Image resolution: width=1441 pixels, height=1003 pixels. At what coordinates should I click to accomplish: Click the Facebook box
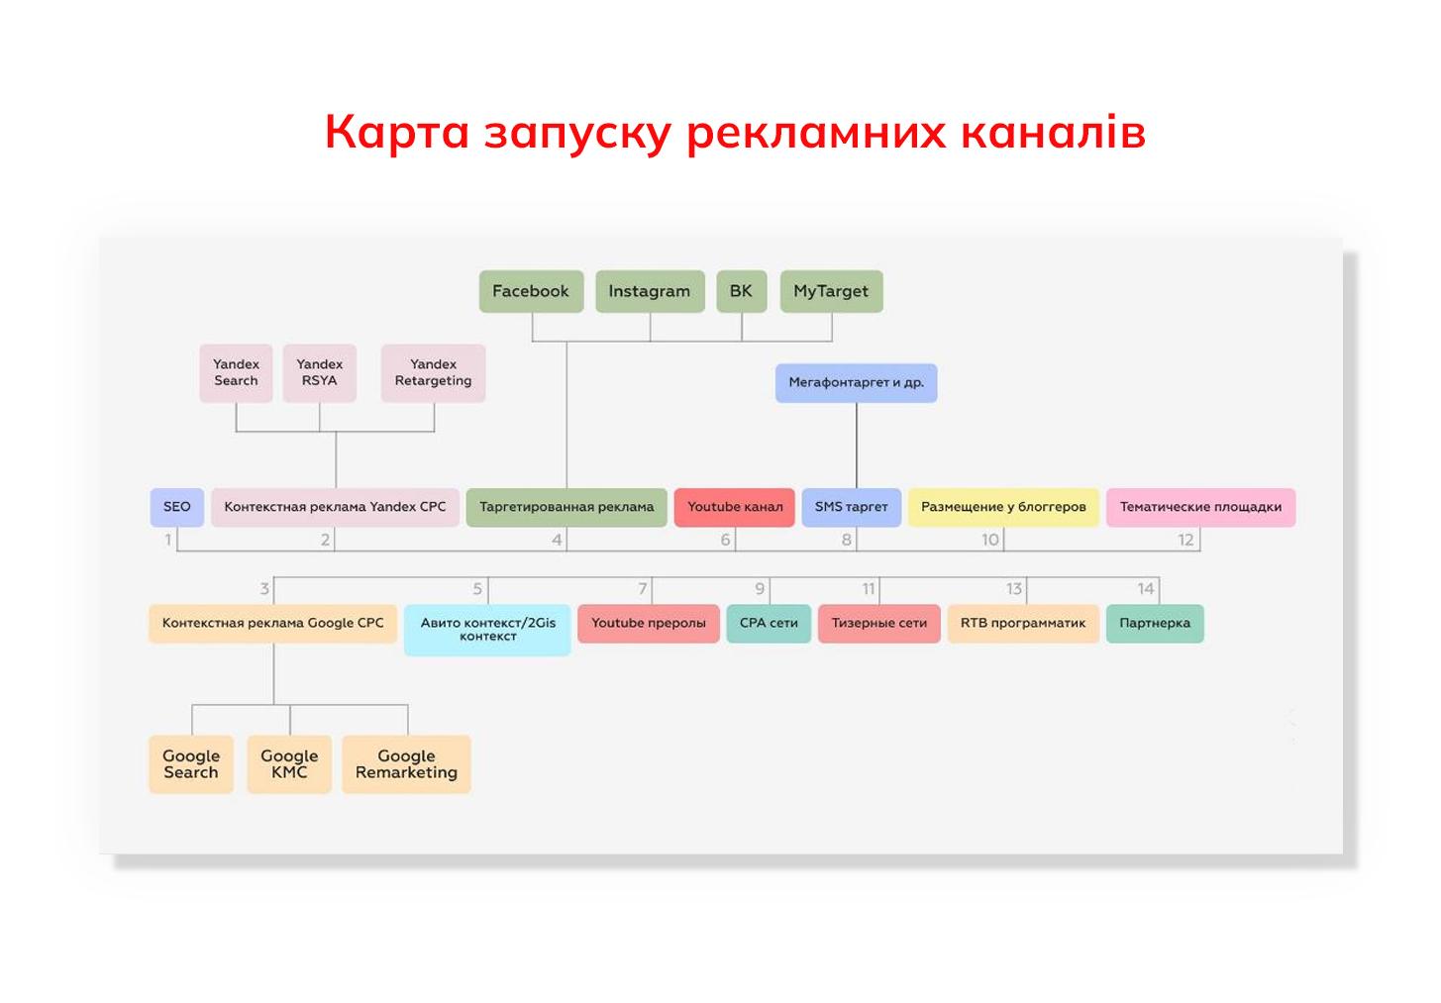532,291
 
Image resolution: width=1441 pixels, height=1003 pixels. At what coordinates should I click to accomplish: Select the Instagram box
650,291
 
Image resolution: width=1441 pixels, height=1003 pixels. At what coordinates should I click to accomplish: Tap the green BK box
741,291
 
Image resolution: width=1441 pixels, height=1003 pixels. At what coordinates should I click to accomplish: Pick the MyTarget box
831,291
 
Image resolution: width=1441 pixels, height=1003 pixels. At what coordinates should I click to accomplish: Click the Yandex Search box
236,373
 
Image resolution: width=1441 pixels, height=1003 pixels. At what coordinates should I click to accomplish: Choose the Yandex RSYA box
320,373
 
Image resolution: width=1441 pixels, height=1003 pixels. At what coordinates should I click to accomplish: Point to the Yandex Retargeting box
433,373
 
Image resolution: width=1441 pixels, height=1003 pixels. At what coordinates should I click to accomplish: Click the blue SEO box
177,507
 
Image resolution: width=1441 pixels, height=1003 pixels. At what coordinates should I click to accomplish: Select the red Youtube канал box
735,507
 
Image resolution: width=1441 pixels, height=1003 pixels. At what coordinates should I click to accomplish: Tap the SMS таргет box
851,507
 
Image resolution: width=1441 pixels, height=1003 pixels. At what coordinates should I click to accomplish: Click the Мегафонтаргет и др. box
857,382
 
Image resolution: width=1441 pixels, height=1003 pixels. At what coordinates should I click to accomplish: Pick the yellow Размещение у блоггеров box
1003,507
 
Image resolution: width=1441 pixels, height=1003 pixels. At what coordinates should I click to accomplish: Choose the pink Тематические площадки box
1201,507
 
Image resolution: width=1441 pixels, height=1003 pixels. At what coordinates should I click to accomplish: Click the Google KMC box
289,763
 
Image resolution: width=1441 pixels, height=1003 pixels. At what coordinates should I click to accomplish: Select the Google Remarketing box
407,763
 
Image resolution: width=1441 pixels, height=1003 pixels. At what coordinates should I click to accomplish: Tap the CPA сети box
769,623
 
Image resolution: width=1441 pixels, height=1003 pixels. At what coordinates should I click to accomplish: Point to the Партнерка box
1155,623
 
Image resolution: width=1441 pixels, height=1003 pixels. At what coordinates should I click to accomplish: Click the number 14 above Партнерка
1145,588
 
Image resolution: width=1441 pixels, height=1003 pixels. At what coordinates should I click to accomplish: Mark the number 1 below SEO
168,540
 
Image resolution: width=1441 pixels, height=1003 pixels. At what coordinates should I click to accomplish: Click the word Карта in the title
397,133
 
